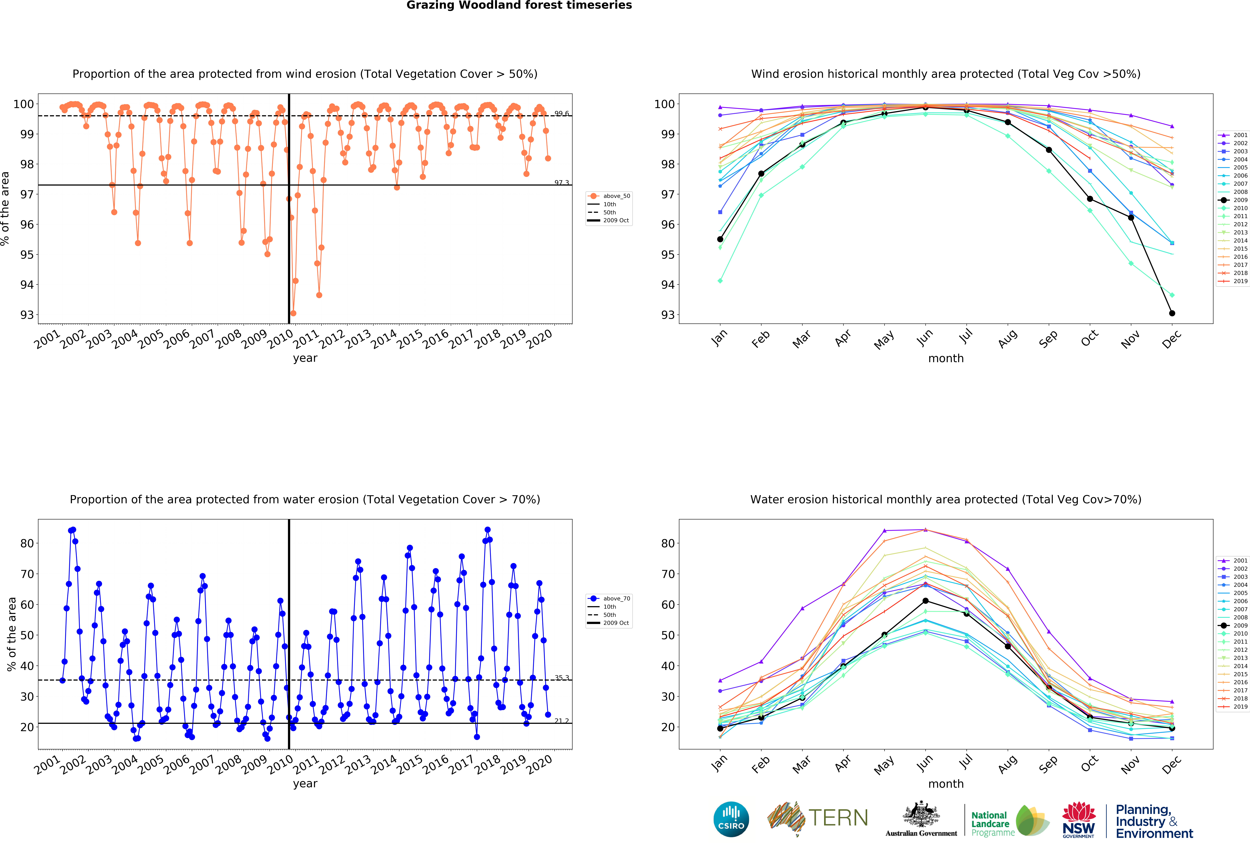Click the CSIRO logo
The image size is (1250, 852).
pos(731,819)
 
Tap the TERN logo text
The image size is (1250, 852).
pos(838,818)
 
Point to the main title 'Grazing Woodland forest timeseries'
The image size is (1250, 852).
pos(519,5)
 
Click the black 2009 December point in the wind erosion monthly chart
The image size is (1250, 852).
pos(1172,313)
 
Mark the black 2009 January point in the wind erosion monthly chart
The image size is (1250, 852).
pos(720,239)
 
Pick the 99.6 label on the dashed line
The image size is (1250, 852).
pos(562,114)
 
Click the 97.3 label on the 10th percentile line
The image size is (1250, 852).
pos(562,183)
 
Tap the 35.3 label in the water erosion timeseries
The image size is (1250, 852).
pos(562,678)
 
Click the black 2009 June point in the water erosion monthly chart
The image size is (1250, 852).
pos(925,601)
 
